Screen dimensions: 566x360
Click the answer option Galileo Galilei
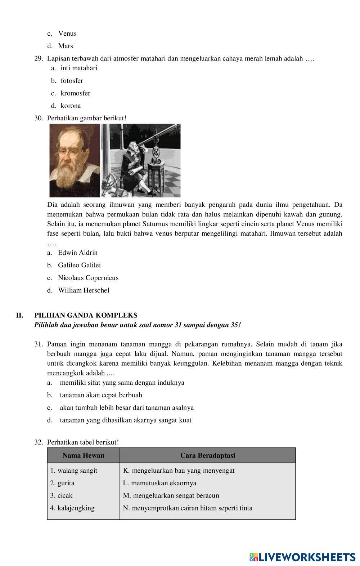tap(79, 265)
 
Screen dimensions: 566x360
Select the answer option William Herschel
tap(84, 290)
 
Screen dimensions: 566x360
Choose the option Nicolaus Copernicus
tap(88, 278)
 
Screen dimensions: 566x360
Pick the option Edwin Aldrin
tap(78, 253)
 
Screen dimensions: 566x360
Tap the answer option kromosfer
tap(75, 93)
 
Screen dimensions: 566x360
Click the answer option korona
tap(71, 106)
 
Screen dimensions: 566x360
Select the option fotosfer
tap(72, 81)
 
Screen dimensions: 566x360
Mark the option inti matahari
tap(79, 68)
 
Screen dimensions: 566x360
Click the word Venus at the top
tap(67, 34)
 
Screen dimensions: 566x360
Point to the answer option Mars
tap(66, 46)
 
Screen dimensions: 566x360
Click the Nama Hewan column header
tap(83, 455)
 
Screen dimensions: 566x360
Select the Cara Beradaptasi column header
tap(207, 455)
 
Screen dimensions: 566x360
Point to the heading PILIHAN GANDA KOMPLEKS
tap(86, 315)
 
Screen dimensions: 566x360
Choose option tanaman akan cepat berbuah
tap(101, 395)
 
